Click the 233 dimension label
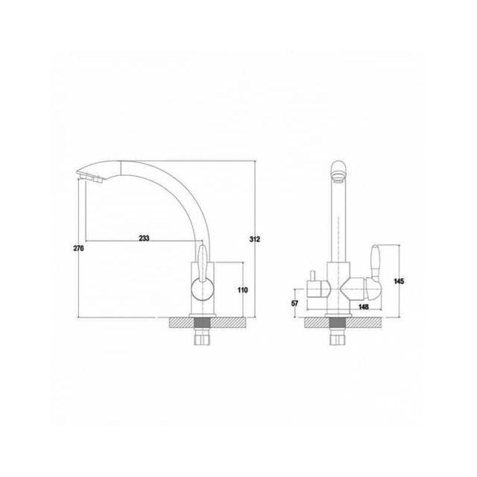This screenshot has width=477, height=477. pyautogui.click(x=144, y=238)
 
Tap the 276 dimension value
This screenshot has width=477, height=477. pyautogui.click(x=78, y=248)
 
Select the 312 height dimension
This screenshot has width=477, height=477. pyautogui.click(x=255, y=239)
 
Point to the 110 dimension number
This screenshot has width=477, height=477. pyautogui.click(x=242, y=290)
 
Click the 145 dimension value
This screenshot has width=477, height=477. pyautogui.click(x=399, y=282)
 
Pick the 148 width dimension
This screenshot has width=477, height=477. pyautogui.click(x=363, y=307)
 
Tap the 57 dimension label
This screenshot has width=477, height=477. pyautogui.click(x=295, y=303)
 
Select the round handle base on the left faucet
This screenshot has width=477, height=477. pyautogui.click(x=203, y=290)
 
